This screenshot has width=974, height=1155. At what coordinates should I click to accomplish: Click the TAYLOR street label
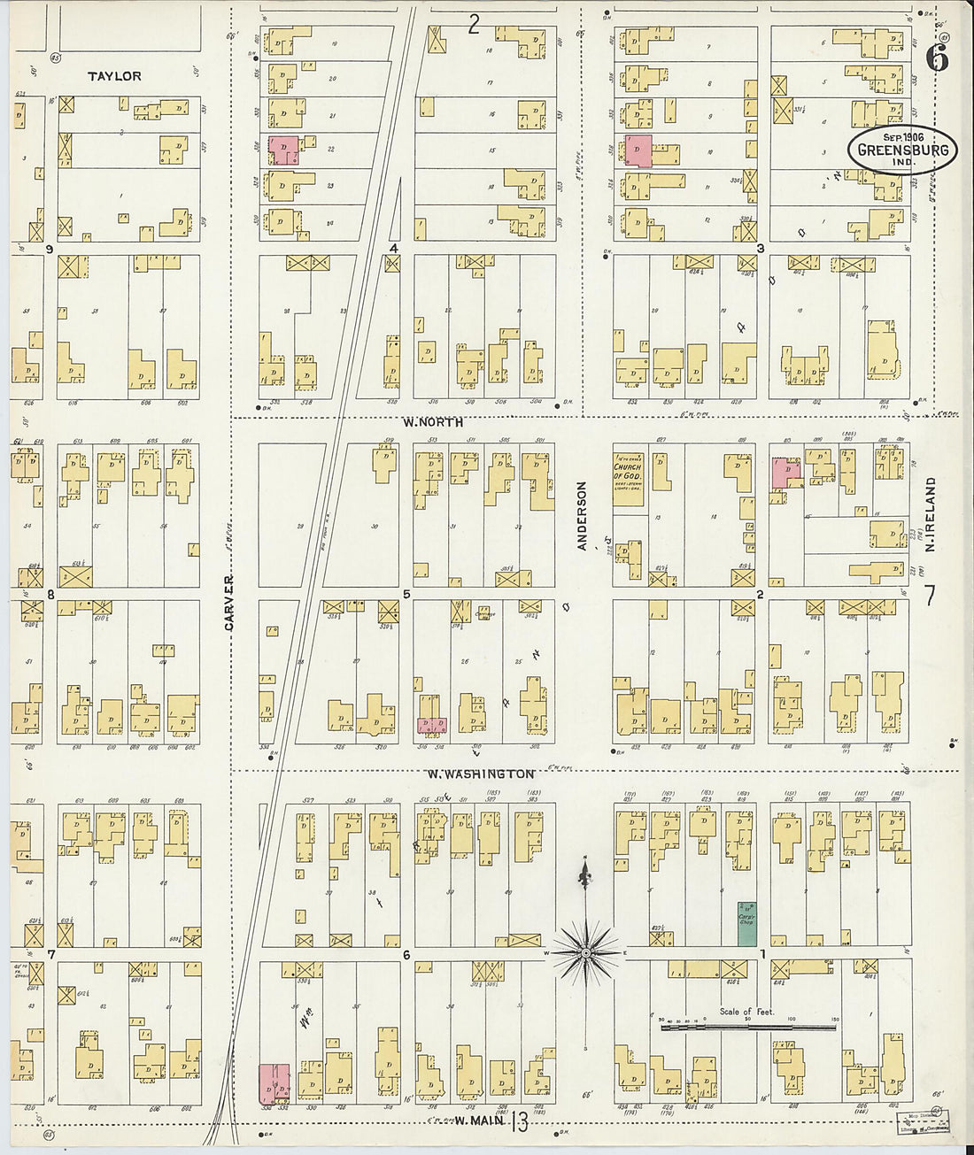click(x=114, y=76)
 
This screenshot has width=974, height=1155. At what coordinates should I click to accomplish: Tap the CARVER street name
click(x=228, y=603)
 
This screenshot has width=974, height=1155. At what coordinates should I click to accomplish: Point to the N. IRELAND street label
click(x=931, y=514)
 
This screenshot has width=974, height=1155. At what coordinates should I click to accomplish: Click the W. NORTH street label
click(x=432, y=422)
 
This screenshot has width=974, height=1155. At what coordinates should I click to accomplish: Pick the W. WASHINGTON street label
click(x=480, y=774)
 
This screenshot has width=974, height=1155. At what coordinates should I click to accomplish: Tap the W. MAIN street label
click(x=478, y=1121)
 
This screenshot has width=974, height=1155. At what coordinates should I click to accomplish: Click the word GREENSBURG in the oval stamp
click(x=902, y=150)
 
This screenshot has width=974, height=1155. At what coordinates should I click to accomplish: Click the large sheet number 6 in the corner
click(x=937, y=58)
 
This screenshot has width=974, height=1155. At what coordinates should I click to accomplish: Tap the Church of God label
click(x=630, y=471)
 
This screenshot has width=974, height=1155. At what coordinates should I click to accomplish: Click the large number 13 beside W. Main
click(x=519, y=1123)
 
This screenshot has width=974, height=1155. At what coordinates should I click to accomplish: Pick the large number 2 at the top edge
click(x=474, y=24)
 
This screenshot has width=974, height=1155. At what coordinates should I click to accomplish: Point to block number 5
click(x=406, y=594)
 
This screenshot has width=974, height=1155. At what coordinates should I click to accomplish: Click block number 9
click(x=50, y=250)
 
